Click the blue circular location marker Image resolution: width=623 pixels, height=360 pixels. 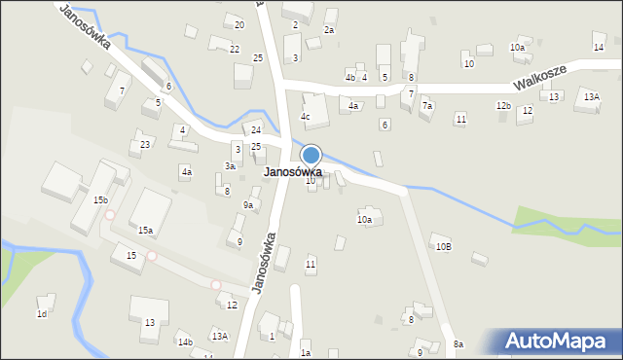click(311, 155)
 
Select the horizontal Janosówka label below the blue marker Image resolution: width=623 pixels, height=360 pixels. click(292, 172)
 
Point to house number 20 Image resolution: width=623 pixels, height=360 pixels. click(239, 23)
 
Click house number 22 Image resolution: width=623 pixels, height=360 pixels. click(235, 49)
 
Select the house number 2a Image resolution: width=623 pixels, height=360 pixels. click(329, 30)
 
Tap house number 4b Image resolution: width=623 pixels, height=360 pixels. click(349, 77)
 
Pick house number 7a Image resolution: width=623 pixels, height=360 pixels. click(427, 105)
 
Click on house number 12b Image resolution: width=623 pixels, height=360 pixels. click(502, 105)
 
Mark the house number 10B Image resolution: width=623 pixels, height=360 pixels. click(443, 247)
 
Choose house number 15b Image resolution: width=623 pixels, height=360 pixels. click(100, 199)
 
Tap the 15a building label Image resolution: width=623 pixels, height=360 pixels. click(145, 231)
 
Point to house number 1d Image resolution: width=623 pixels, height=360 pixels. click(42, 314)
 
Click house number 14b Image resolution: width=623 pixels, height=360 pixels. click(184, 342)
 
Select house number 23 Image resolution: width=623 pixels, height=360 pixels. click(145, 144)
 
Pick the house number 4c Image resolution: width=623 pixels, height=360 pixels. click(305, 117)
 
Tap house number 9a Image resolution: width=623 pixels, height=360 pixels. click(248, 205)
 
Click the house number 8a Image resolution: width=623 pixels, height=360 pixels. click(458, 344)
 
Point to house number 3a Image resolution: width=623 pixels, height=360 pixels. click(230, 166)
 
